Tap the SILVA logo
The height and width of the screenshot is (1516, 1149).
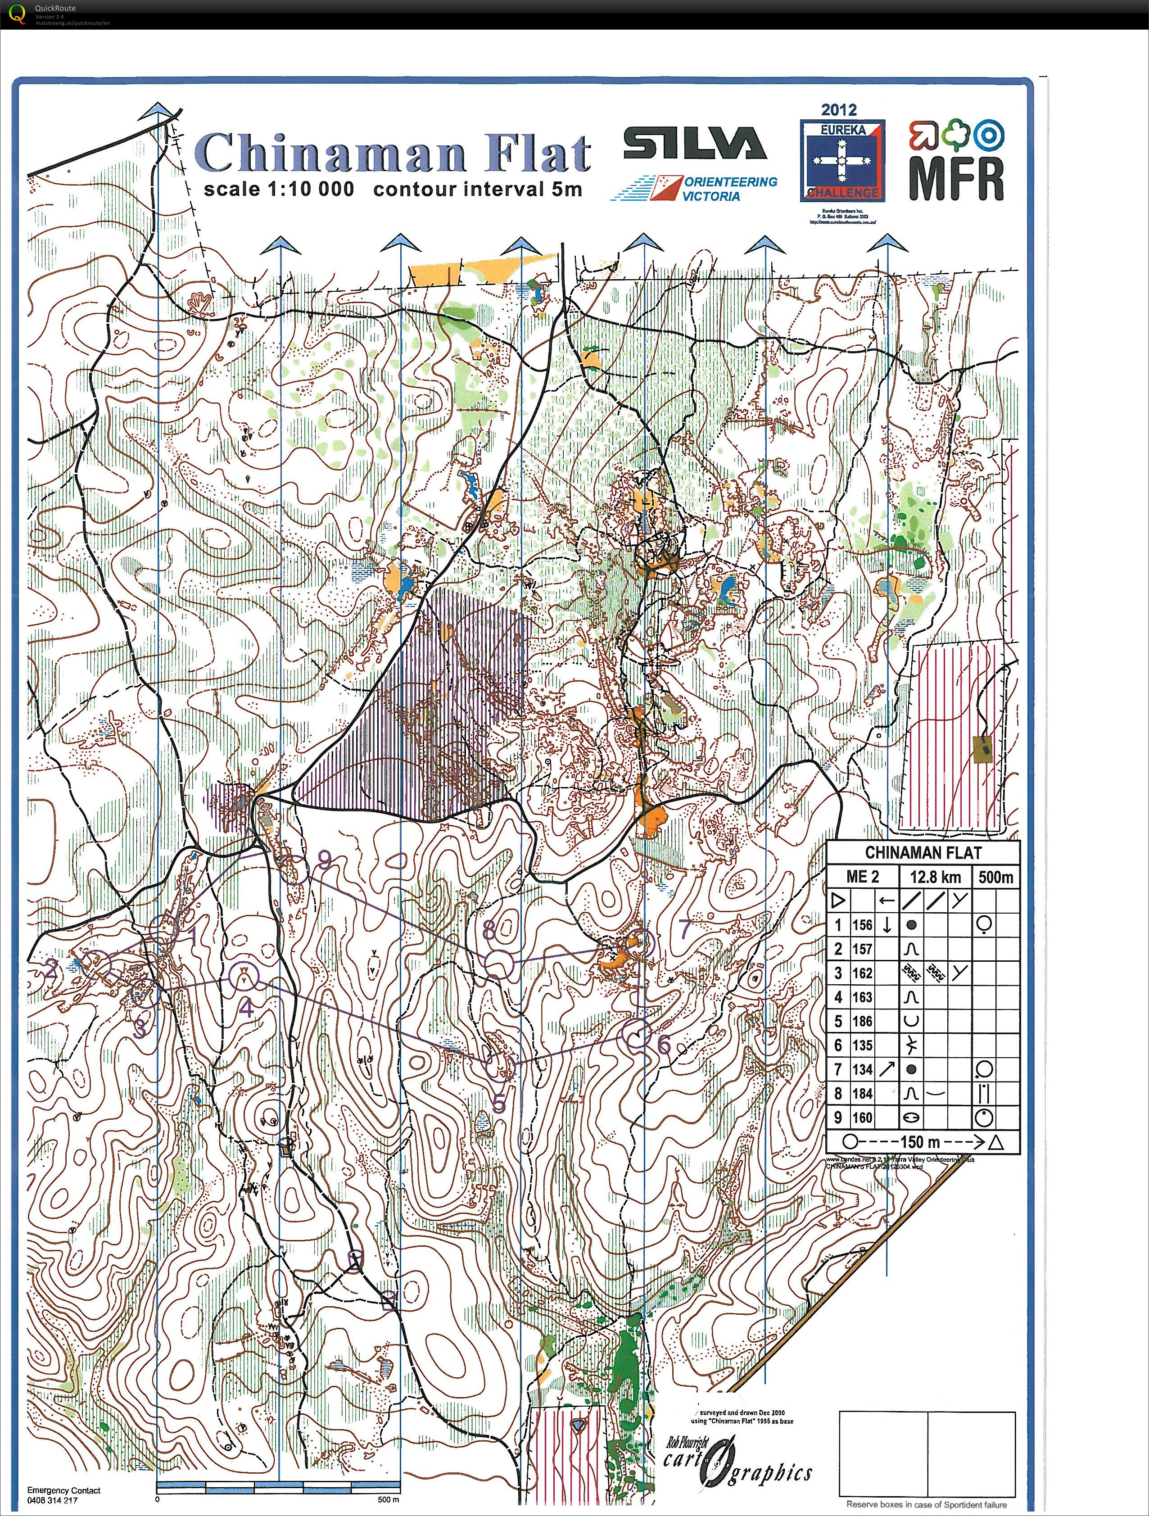coord(694,145)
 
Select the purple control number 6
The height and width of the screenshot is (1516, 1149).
coord(663,1045)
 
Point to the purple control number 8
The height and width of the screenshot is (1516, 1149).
coord(489,931)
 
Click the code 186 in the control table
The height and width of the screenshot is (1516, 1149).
coord(862,1021)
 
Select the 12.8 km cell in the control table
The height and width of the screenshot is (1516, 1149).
coord(935,877)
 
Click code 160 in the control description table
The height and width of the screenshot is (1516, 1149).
coord(862,1118)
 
